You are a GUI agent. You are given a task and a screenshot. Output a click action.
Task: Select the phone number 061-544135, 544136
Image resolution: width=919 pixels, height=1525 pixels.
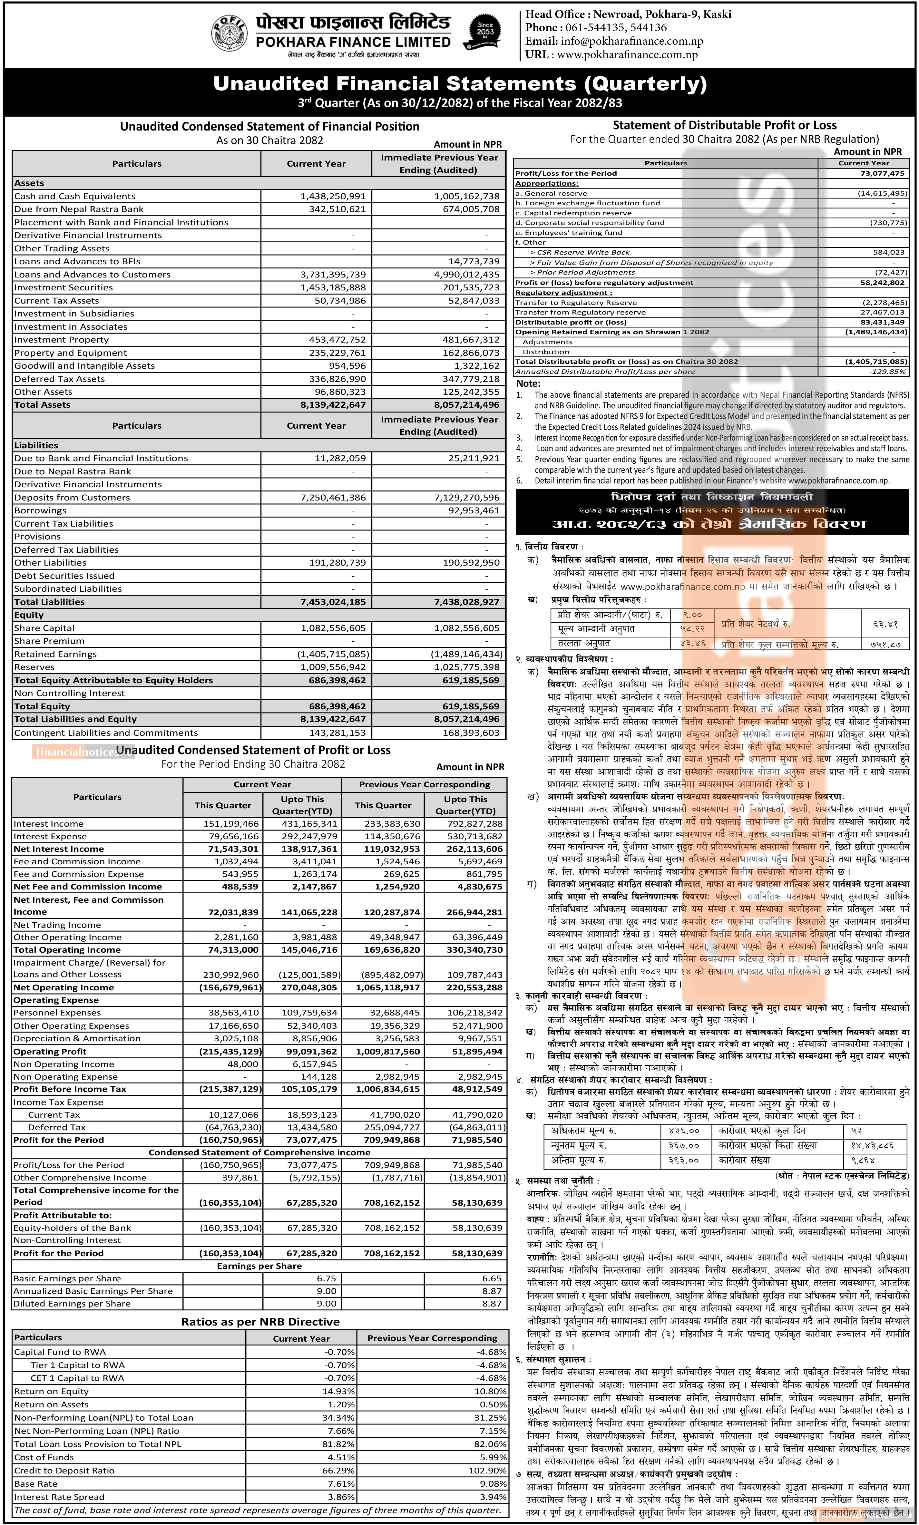coord(614,28)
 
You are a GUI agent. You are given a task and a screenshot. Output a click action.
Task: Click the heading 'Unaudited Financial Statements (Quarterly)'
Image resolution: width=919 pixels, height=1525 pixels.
coord(459,83)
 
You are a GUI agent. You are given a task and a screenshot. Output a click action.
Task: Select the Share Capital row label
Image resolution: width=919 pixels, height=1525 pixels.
coord(44,628)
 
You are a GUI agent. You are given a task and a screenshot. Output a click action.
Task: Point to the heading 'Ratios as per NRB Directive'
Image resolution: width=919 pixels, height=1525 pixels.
coord(260,1322)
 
